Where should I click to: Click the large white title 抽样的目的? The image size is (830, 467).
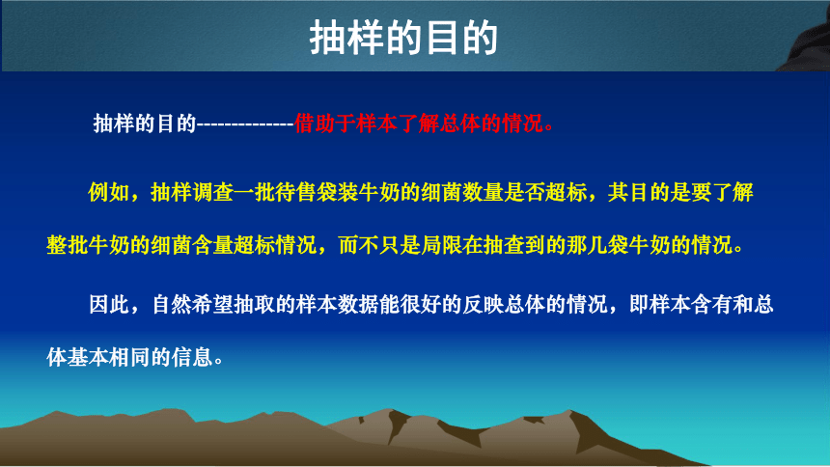pyautogui.click(x=403, y=38)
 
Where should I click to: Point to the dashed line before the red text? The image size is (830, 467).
pyautogui.click(x=245, y=124)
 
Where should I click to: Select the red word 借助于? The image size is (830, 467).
pyautogui.click(x=325, y=124)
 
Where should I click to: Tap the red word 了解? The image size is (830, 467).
pyautogui.click(x=419, y=124)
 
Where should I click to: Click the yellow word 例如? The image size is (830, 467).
pyautogui.click(x=108, y=192)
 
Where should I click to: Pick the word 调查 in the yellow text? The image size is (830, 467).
pyautogui.click(x=212, y=192)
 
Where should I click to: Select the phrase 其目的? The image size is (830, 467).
pyautogui.click(x=638, y=192)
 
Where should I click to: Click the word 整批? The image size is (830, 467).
pyautogui.click(x=68, y=245)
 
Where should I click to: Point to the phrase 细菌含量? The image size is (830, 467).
pyautogui.click(x=192, y=245)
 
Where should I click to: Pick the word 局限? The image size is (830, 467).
pyautogui.click(x=441, y=245)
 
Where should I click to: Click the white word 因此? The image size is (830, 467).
pyautogui.click(x=109, y=305)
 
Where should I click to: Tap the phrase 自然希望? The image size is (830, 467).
pyautogui.click(x=193, y=305)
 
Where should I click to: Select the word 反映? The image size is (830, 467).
pyautogui.click(x=484, y=305)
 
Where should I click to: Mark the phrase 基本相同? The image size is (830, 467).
pyautogui.click(x=108, y=357)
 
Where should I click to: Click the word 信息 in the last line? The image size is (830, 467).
pyautogui.click(x=192, y=357)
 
